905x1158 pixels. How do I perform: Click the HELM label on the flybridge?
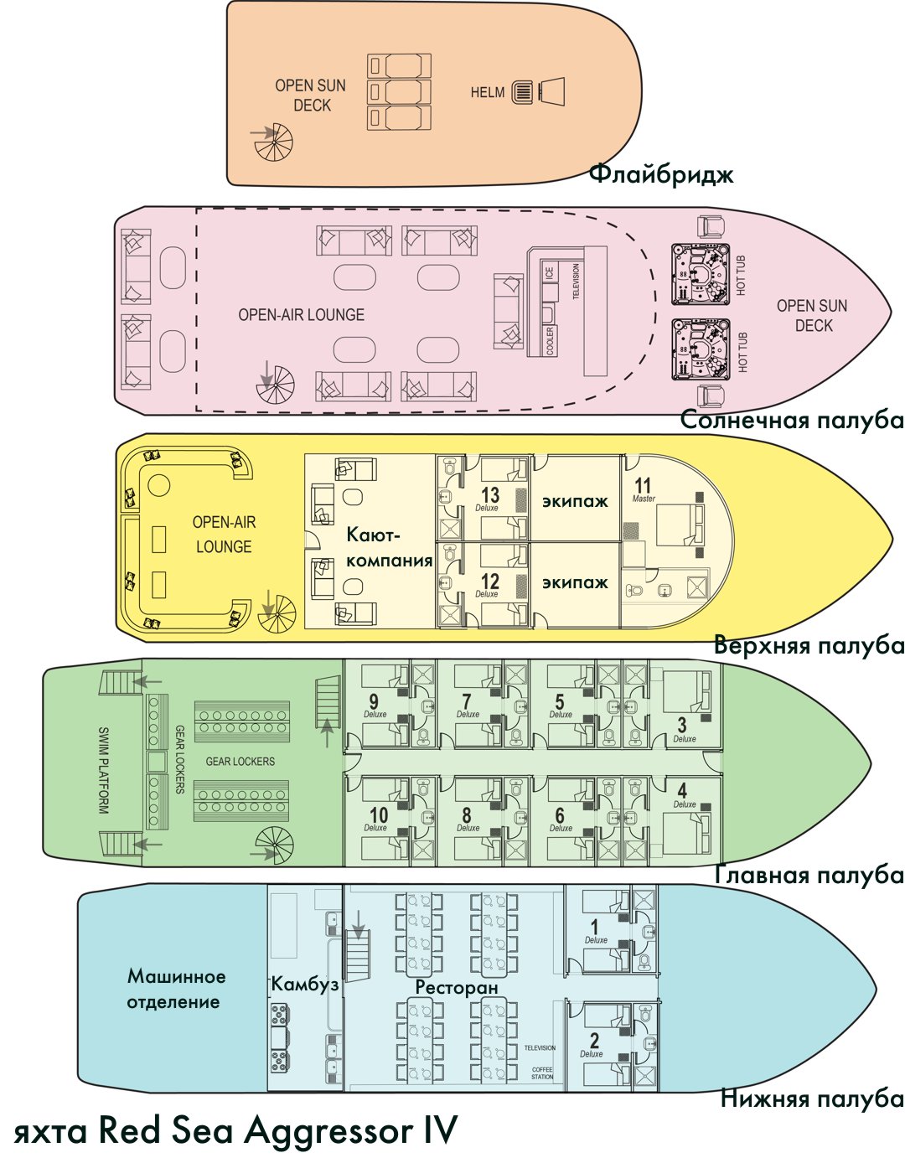487,93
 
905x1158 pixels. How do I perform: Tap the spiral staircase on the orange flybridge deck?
274,142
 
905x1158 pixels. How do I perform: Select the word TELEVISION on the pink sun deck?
576,282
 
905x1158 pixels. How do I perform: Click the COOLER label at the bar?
551,340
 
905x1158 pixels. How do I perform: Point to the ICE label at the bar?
550,273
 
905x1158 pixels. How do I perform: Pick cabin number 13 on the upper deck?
490,494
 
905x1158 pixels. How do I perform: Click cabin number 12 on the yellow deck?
490,581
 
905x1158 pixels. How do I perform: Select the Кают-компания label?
389,547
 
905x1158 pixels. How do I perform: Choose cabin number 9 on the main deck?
374,702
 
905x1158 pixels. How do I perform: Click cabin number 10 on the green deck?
378,815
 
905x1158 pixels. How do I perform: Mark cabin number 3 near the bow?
682,726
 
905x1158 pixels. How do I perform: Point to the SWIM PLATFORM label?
103,770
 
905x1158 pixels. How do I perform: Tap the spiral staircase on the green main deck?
275,847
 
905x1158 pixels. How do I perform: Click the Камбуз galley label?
305,985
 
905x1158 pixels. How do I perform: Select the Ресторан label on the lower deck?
457,987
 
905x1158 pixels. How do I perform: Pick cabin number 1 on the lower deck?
595,928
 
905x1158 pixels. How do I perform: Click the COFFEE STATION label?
542,1073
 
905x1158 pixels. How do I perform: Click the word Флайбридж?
661,174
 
